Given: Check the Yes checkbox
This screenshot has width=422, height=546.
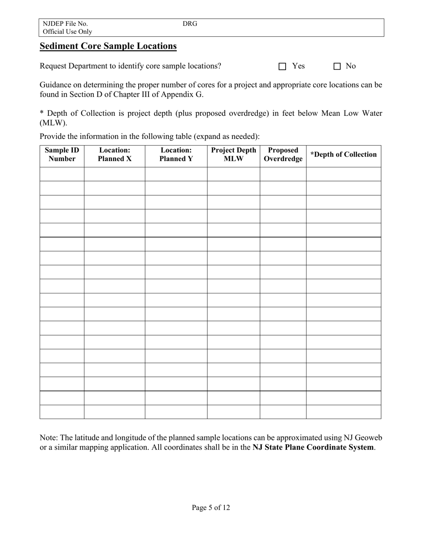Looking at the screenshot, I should pyautogui.click(x=282, y=67).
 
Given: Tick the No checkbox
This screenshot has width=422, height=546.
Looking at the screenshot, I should pyautogui.click(x=337, y=67).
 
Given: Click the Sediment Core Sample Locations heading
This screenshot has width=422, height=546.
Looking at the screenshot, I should pyautogui.click(x=108, y=46).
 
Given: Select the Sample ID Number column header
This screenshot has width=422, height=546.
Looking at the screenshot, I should pyautogui.click(x=62, y=154).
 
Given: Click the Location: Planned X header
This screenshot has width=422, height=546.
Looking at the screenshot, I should pyautogui.click(x=115, y=154).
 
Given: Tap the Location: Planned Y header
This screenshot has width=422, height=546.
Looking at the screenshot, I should pyautogui.click(x=176, y=154).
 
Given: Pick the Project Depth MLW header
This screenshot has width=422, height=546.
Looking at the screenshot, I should pyautogui.click(x=233, y=154).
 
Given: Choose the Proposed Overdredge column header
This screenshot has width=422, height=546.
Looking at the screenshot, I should pyautogui.click(x=283, y=154).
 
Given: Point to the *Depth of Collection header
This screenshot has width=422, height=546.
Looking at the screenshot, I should pyautogui.click(x=343, y=154).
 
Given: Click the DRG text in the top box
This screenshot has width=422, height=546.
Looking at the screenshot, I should pyautogui.click(x=190, y=24).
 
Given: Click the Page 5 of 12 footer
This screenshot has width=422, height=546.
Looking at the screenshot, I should pyautogui.click(x=211, y=507).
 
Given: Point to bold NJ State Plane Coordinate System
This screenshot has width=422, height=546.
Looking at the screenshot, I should pyautogui.click(x=313, y=447).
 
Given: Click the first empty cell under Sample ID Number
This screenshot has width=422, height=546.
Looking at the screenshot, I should pyautogui.click(x=62, y=174).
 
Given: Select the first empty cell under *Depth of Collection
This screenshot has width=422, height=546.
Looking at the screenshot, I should pyautogui.click(x=343, y=174).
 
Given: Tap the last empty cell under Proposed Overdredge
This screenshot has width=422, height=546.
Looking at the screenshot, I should pyautogui.click(x=283, y=412).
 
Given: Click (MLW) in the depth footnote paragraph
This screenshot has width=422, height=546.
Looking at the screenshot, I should pyautogui.click(x=53, y=123).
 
